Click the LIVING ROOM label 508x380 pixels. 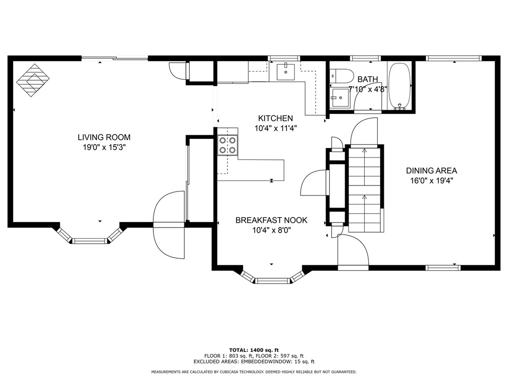pyautogui.click(x=104, y=137)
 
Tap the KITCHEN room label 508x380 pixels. pyautogui.click(x=275, y=118)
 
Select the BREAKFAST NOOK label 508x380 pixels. pyautogui.click(x=271, y=220)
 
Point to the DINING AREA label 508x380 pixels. pyautogui.click(x=431, y=170)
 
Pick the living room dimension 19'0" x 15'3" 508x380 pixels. pyautogui.click(x=104, y=147)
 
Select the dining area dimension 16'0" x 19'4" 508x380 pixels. pyautogui.click(x=431, y=180)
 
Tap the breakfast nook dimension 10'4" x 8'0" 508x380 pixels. pyautogui.click(x=271, y=230)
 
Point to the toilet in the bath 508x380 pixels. pyautogui.click(x=341, y=75)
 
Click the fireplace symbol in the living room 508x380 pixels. pyautogui.click(x=33, y=80)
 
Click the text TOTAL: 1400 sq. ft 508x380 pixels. pyautogui.click(x=253, y=349)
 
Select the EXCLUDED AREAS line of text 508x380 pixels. pyautogui.click(x=253, y=361)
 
